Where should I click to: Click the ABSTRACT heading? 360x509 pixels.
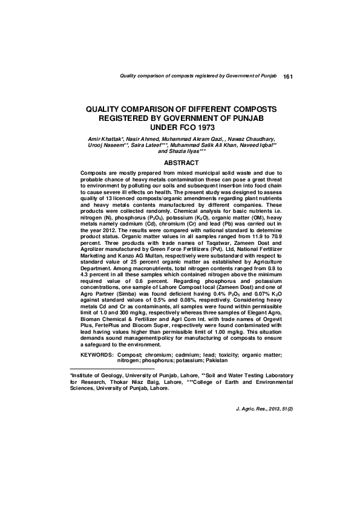[x=182, y=163]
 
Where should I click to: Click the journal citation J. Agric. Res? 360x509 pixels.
[x=253, y=410]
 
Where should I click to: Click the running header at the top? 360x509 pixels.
[x=198, y=77]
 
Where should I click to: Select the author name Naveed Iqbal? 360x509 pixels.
[x=259, y=145]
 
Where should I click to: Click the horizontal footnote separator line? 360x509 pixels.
[x=113, y=368]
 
